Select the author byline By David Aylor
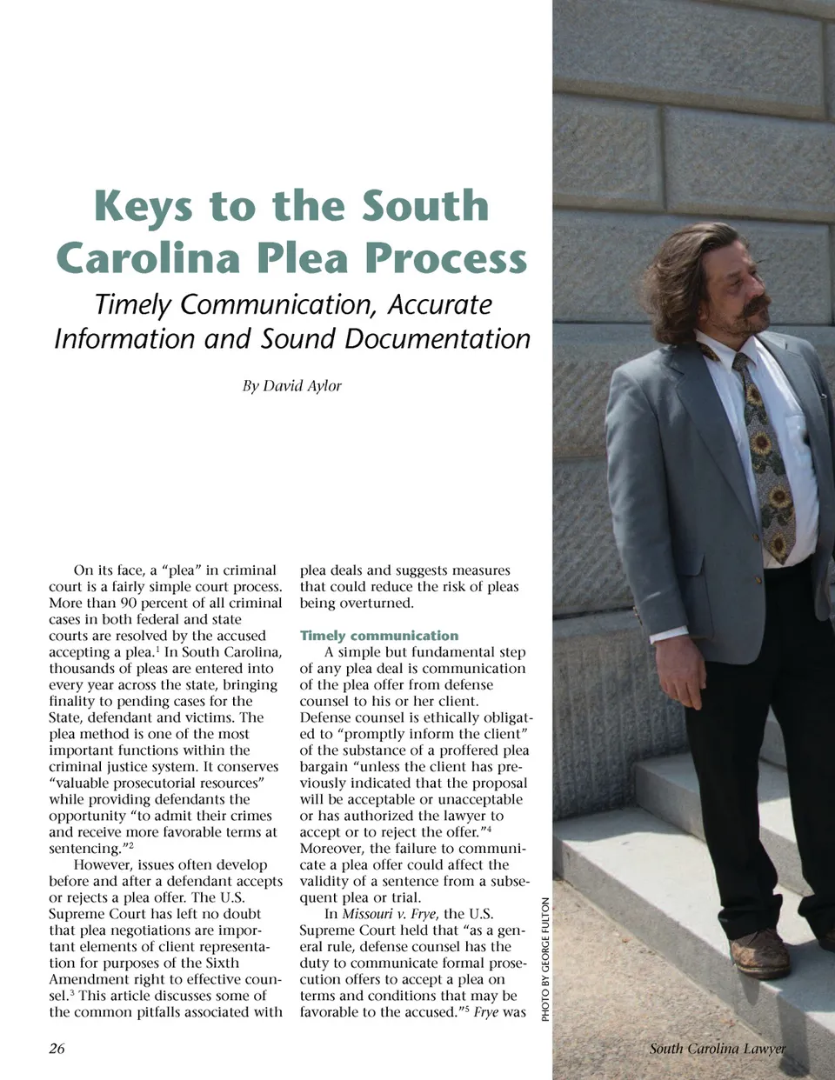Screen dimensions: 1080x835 click(291, 385)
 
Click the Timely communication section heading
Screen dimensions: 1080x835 click(378, 636)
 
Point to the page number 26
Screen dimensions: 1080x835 click(57, 1048)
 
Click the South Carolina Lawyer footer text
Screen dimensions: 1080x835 click(717, 1049)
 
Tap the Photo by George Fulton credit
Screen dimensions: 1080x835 click(545, 959)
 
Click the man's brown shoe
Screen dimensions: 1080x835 click(760, 952)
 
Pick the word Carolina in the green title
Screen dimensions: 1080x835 click(148, 258)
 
